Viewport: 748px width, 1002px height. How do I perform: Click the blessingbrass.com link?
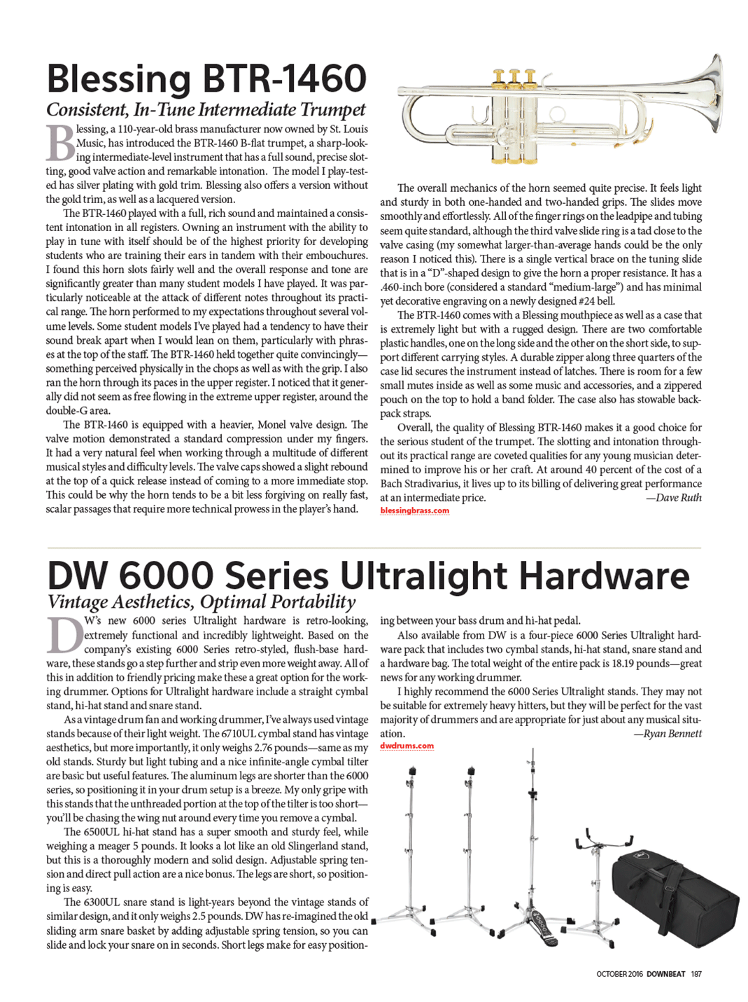point(414,510)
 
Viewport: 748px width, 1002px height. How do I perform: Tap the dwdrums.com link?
point(407,746)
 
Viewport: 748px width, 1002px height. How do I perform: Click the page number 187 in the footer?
point(696,973)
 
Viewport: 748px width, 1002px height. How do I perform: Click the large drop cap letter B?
point(60,144)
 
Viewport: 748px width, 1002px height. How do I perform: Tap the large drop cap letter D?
point(64,636)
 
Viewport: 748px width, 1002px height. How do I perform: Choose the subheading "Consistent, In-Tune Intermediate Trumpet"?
point(206,110)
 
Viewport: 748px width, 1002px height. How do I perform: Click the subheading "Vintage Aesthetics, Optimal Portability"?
point(202,602)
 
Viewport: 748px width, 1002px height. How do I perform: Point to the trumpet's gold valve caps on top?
point(514,76)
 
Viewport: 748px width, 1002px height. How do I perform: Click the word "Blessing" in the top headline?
point(119,78)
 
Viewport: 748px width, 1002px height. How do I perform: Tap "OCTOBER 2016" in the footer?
point(619,973)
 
